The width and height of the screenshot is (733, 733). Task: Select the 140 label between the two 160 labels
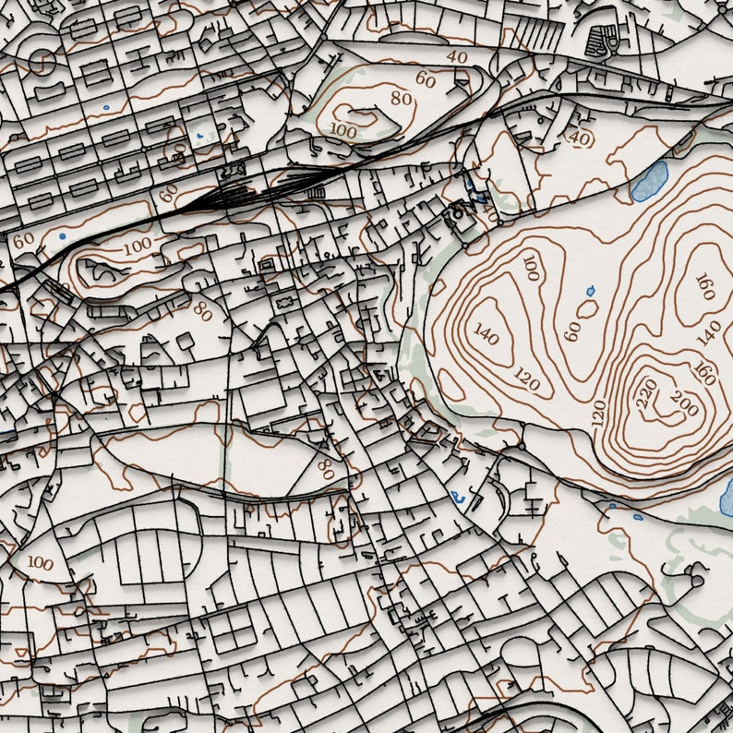tap(709, 331)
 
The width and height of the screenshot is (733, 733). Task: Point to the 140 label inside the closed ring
tap(486, 333)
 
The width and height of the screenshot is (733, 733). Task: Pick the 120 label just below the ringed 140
tap(526, 378)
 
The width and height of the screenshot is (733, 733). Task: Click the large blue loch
tap(650, 181)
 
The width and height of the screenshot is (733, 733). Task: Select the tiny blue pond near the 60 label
tap(591, 293)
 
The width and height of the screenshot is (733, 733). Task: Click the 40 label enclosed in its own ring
tap(579, 138)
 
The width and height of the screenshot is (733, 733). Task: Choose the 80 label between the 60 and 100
tap(401, 98)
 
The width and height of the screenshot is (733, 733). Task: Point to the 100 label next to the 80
tap(342, 130)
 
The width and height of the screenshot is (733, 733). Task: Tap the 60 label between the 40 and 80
tap(425, 79)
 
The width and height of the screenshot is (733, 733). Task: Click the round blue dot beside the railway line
tap(62, 236)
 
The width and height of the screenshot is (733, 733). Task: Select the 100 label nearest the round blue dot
tap(137, 246)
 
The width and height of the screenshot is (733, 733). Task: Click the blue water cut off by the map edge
tap(727, 499)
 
